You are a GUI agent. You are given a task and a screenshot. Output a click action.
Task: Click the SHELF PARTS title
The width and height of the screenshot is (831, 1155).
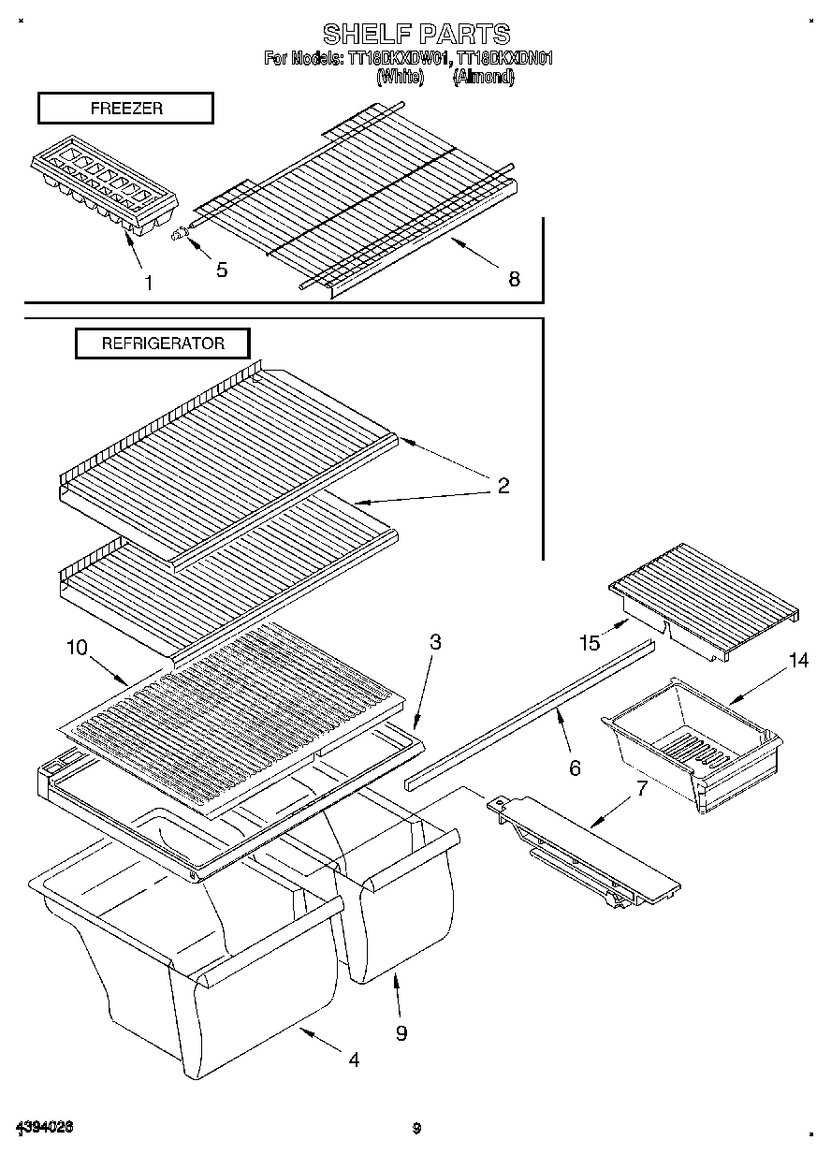coord(415,35)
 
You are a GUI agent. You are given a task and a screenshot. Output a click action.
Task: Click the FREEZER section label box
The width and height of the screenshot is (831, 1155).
coord(125,109)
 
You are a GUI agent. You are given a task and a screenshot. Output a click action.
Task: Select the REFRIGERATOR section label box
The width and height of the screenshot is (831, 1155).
coord(163,344)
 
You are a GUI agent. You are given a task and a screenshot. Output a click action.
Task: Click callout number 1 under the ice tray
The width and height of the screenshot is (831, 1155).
coord(148,282)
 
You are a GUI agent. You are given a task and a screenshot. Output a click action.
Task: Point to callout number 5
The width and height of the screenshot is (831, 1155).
coord(222,270)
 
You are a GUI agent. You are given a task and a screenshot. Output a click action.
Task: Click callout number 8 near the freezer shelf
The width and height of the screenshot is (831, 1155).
coord(514,278)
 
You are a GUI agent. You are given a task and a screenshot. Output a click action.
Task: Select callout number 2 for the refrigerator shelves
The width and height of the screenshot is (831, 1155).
coord(503,485)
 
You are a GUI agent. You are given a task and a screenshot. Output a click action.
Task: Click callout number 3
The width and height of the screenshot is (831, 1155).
coord(435,642)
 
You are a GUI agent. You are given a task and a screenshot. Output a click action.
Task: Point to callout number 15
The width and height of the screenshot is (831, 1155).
coord(589,642)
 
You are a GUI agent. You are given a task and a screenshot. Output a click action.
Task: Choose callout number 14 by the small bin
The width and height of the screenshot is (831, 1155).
coord(797,661)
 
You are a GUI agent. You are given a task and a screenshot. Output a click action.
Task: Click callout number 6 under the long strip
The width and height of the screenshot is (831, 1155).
coord(574,768)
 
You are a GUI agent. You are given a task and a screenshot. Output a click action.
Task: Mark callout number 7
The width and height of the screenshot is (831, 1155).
coord(641,787)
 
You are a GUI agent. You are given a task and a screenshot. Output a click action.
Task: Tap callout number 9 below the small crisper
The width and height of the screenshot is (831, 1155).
coord(401,1032)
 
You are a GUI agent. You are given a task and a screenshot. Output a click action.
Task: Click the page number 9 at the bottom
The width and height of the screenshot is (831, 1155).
coord(416,1128)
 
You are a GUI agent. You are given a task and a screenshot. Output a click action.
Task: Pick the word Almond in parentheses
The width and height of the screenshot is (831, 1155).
coord(483,79)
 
